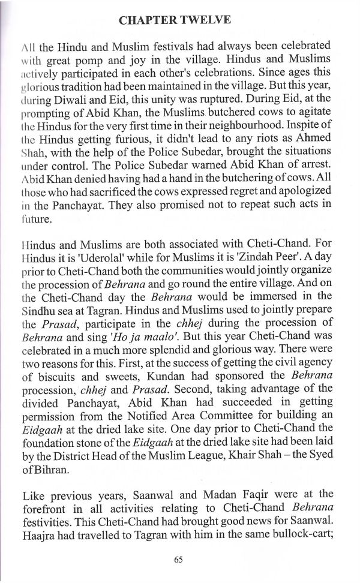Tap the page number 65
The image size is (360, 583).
178,560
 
